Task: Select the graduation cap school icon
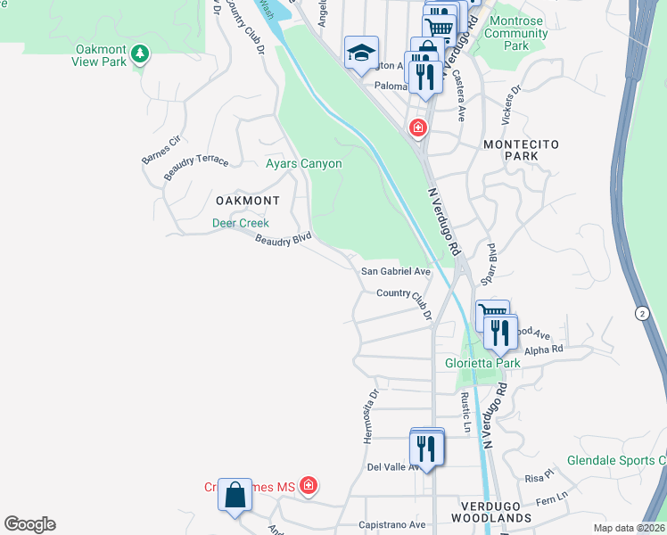point(361,53)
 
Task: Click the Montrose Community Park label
point(517,39)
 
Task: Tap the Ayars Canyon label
point(304,163)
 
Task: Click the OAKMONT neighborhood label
point(247,201)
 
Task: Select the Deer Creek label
point(240,223)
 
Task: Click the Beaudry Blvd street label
point(283,240)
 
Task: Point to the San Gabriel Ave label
point(395,271)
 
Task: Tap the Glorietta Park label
point(482,363)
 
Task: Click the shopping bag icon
point(234,496)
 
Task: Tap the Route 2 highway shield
point(642,313)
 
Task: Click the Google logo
point(29,524)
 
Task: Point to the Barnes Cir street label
point(161,152)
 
